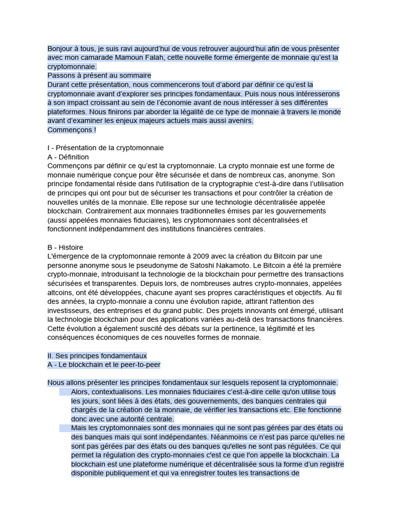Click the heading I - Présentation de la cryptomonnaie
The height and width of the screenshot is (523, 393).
pos(105,148)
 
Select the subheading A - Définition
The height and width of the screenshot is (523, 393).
pos(68,157)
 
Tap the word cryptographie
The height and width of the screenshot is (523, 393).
pos(239,184)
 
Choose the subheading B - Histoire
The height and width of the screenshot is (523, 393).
pos(65,247)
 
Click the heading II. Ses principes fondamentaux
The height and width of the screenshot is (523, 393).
pos(97,355)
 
